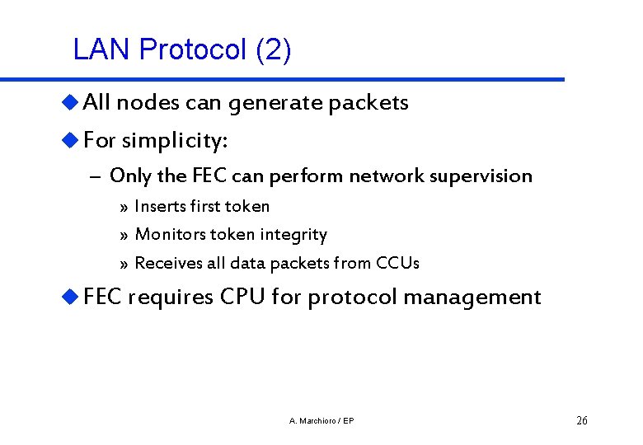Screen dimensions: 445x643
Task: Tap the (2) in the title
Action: coord(273,50)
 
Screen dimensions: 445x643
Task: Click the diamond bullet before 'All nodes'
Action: coord(72,102)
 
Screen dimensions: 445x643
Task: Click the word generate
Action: coord(276,103)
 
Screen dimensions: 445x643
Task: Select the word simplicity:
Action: coord(175,141)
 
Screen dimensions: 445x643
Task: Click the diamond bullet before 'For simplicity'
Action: coord(72,140)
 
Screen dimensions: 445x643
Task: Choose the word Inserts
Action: coord(160,206)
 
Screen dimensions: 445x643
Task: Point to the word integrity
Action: coord(293,235)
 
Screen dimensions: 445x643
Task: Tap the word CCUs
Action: coord(397,264)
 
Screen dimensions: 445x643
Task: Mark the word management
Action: coord(467,297)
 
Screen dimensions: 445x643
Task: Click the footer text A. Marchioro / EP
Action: coord(322,421)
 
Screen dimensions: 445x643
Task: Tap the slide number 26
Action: coord(582,421)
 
